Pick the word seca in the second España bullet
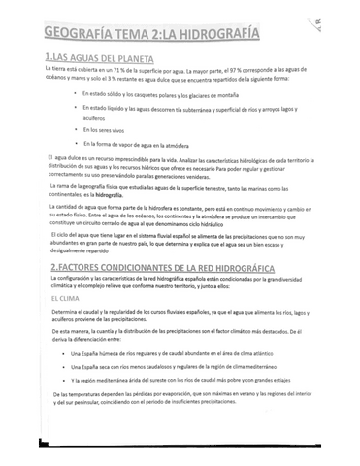click(x=109, y=395)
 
